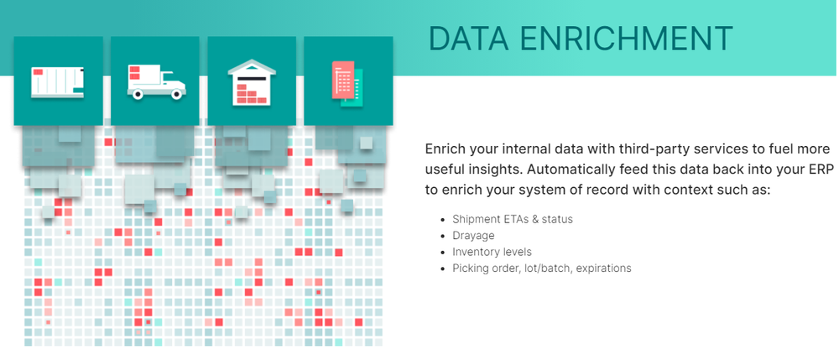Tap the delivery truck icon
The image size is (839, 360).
pyautogui.click(x=156, y=81)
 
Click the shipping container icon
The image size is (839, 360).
pyautogui.click(x=57, y=82)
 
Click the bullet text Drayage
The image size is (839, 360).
pyautogui.click(x=473, y=236)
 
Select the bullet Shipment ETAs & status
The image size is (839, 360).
pyautogui.click(x=513, y=219)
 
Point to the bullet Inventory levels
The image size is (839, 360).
pyautogui.click(x=492, y=252)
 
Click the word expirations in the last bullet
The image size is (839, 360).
pyautogui.click(x=605, y=269)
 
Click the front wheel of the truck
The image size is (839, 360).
pyautogui.click(x=176, y=94)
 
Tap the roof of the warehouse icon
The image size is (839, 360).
pyautogui.click(x=252, y=66)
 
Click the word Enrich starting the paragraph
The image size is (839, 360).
pyautogui.click(x=442, y=149)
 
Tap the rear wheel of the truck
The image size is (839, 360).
pyautogui.click(x=138, y=94)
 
